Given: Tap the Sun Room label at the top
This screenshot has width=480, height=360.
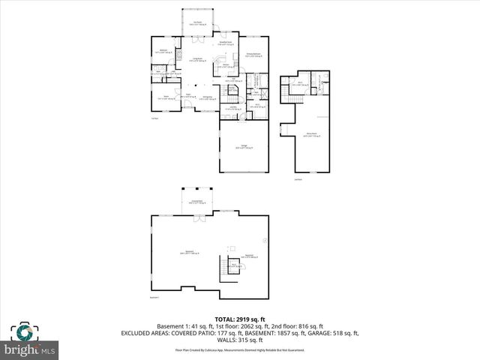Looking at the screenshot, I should [x=198, y=24].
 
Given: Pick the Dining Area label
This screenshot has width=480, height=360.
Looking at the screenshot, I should [x=208, y=97].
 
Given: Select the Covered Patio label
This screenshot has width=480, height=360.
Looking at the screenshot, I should [x=198, y=202].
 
